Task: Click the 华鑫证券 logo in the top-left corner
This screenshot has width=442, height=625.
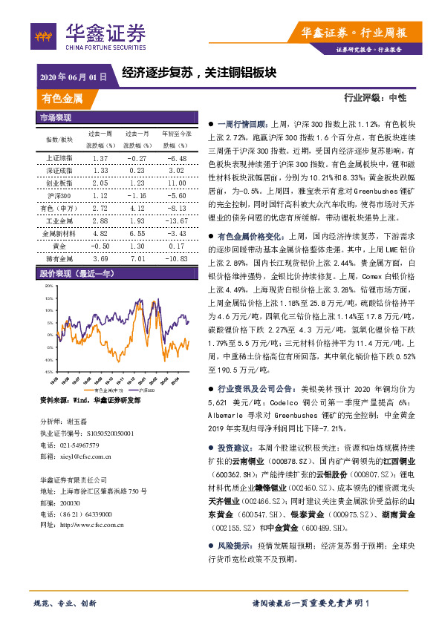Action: (x=88, y=35)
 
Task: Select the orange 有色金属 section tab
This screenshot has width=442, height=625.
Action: (x=62, y=98)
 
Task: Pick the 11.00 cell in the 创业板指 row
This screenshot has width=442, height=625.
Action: (x=176, y=183)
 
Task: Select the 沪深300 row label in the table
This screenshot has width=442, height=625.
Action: (x=59, y=195)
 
